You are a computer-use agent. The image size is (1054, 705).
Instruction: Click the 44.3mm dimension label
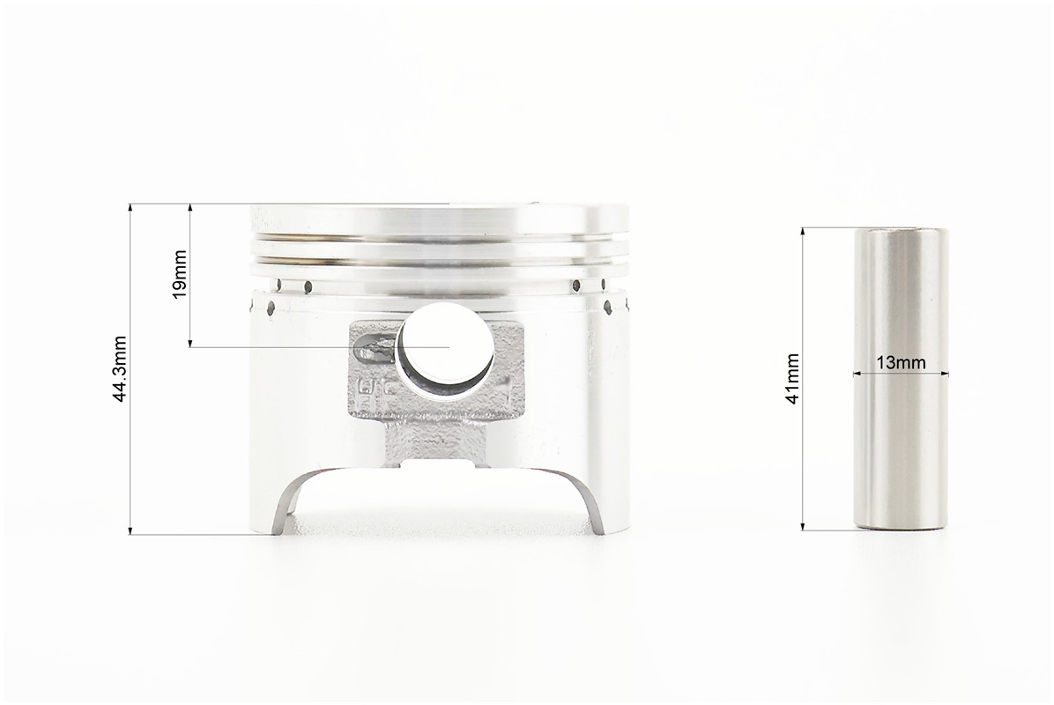(121, 369)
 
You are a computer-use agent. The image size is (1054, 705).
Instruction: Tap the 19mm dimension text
(180, 274)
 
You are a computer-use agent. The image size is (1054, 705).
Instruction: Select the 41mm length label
(792, 378)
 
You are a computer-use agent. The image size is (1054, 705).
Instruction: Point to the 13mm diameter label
(901, 363)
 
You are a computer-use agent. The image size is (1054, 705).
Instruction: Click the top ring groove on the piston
(441, 237)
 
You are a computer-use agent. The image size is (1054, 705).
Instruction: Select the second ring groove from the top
(441, 259)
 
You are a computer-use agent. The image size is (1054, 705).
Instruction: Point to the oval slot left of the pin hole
(375, 348)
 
